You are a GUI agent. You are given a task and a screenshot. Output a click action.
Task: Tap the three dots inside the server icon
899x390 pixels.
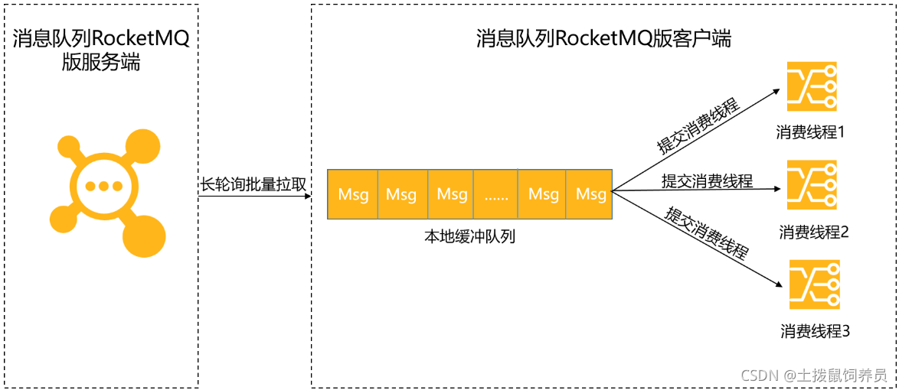tap(105, 186)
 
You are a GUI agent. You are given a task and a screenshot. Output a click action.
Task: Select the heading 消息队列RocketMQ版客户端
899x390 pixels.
tap(603, 38)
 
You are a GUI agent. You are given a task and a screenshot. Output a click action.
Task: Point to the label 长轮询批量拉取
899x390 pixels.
tap(253, 184)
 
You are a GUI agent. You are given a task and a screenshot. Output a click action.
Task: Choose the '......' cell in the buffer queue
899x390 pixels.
tap(495, 194)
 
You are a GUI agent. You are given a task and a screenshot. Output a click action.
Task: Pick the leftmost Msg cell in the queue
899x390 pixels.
tap(353, 194)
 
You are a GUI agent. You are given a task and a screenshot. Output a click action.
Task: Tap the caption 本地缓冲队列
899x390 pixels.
tap(469, 236)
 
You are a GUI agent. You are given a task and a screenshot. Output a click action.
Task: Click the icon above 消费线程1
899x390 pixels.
tap(812, 86)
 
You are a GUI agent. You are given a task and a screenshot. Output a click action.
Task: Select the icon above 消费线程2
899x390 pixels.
tap(812, 184)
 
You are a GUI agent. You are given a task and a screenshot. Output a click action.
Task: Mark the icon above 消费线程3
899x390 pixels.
tap(814, 284)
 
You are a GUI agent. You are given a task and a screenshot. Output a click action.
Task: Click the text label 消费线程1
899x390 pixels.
tap(810, 132)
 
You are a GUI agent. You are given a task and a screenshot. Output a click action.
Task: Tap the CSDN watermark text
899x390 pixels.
tap(814, 375)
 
